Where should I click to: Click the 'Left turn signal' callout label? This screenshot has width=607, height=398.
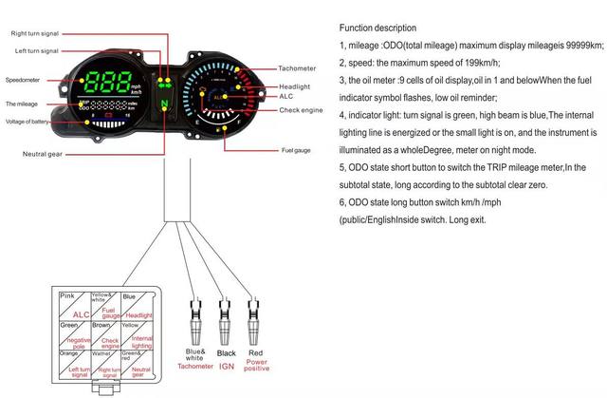[x=36, y=50]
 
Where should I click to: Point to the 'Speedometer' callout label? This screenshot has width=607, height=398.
[x=22, y=80]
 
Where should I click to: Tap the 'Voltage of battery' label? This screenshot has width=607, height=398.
[x=29, y=122]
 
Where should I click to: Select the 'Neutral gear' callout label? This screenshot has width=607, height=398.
[x=44, y=152]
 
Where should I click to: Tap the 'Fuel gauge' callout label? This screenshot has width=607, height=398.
[x=296, y=150]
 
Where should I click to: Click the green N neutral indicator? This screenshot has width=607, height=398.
[x=164, y=102]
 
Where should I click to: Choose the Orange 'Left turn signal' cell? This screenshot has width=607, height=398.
[x=74, y=363]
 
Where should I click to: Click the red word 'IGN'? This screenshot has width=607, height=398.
[x=226, y=365]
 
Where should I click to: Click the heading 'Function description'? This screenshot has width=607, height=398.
[x=377, y=28]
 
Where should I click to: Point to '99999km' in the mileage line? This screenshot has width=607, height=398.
[x=580, y=45]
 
